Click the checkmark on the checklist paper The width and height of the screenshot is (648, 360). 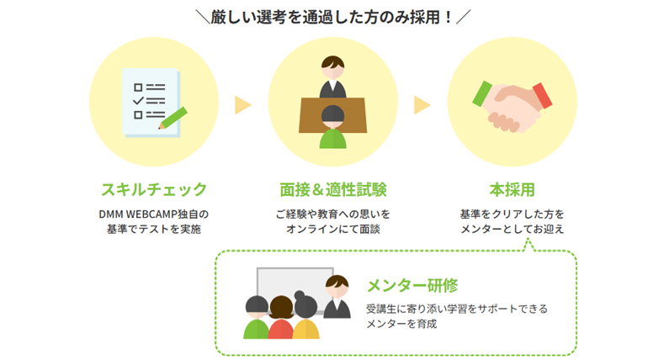[x=139, y=100]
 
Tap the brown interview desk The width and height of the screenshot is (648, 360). [x=332, y=109]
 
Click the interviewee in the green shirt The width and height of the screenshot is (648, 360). [x=333, y=130]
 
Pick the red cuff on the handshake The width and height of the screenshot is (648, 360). [x=542, y=94]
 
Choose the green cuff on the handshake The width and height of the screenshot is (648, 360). [x=482, y=93]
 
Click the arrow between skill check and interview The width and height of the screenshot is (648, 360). [x=243, y=105]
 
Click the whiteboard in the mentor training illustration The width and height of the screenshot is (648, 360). [x=290, y=290]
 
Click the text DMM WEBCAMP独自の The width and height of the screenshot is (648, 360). [x=153, y=214]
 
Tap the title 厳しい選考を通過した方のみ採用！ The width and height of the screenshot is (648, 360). [x=324, y=17]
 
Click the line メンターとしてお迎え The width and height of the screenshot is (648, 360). [x=513, y=229]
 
